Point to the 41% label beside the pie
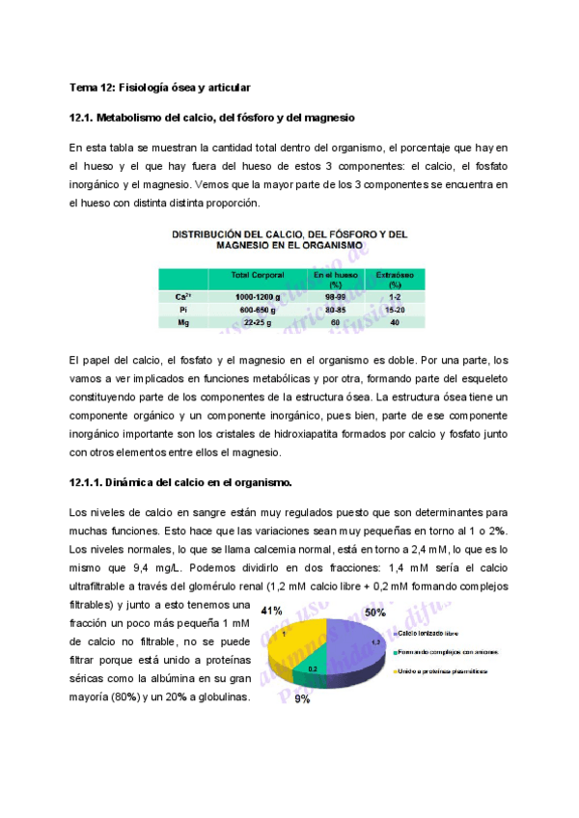click(x=271, y=611)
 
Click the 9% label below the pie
click(x=302, y=698)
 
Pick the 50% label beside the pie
click(x=375, y=612)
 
